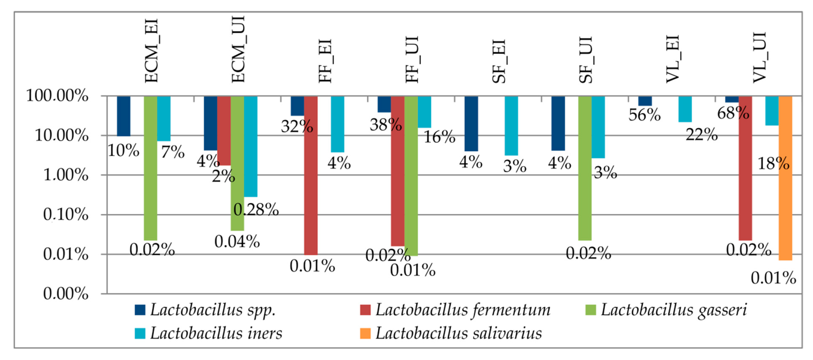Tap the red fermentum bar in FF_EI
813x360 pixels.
click(x=311, y=175)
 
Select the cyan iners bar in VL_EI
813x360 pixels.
click(x=685, y=109)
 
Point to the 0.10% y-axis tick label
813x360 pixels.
click(x=66, y=215)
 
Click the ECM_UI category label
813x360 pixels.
click(x=238, y=49)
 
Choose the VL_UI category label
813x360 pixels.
click(x=759, y=58)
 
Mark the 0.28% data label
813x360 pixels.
click(x=256, y=209)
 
